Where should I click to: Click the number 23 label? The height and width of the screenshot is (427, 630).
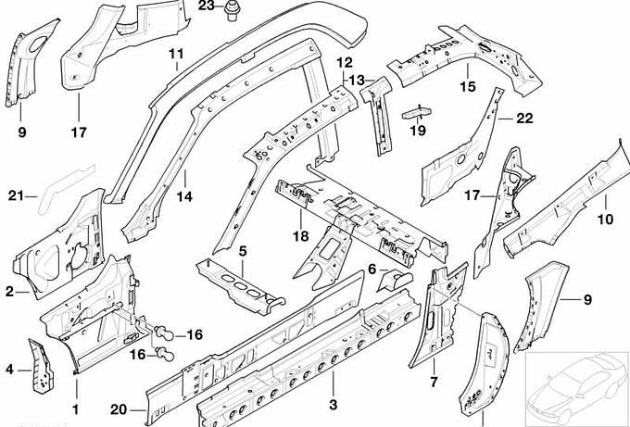tap(207, 6)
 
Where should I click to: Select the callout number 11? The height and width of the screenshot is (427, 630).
tap(176, 53)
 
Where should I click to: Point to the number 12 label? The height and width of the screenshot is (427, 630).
tap(345, 63)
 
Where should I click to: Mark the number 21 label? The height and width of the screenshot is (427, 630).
tap(14, 195)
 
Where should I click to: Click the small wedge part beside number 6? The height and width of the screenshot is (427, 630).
tap(397, 278)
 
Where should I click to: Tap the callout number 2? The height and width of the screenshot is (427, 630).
tap(10, 292)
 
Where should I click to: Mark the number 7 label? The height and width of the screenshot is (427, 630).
tap(433, 382)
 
